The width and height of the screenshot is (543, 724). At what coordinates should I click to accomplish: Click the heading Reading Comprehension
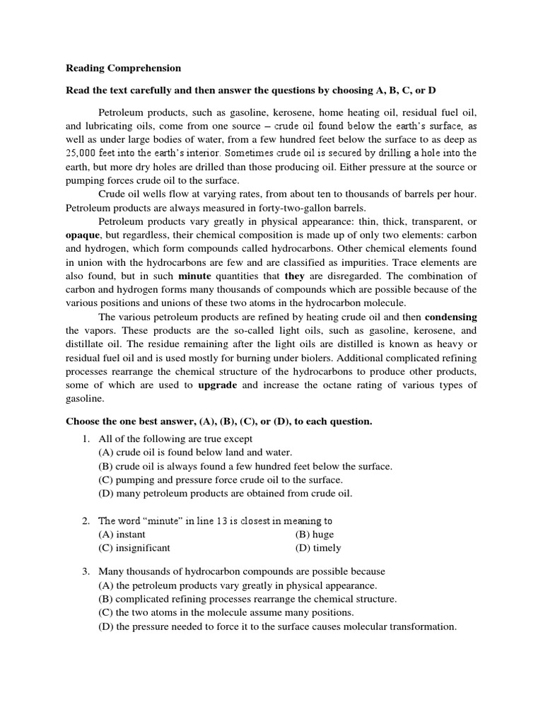(123, 69)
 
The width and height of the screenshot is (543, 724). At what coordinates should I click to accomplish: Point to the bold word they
(296, 275)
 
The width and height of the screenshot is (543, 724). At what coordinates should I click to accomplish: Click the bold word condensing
(451, 316)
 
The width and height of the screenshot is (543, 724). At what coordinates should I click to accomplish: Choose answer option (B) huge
(315, 535)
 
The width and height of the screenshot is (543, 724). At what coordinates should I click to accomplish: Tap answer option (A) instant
(122, 535)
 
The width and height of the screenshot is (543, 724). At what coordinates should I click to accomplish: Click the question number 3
(86, 572)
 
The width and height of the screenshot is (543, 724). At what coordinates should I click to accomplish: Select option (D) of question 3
(277, 626)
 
